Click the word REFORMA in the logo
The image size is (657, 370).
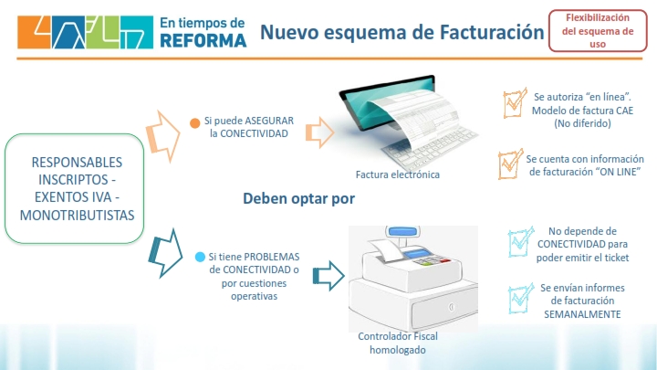point(203,41)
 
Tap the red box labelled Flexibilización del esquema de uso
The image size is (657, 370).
point(598,31)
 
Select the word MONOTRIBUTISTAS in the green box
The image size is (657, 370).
point(77,216)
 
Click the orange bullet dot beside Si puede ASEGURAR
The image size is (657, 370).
point(195,123)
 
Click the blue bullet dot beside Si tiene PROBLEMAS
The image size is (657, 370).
point(200,257)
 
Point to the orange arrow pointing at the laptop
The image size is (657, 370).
point(319,132)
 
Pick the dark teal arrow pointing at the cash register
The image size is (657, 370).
point(328,276)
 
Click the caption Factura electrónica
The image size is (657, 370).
point(398,174)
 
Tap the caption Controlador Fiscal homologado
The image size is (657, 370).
point(398,344)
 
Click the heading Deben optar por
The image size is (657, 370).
point(298,198)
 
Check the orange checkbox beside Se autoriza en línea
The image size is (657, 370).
point(515,102)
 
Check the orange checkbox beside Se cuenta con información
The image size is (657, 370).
point(510,164)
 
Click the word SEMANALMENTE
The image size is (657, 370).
point(582,314)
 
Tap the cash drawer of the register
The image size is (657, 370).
point(445,307)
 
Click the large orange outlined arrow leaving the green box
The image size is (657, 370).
point(163,136)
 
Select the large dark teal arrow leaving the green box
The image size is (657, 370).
point(165,253)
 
